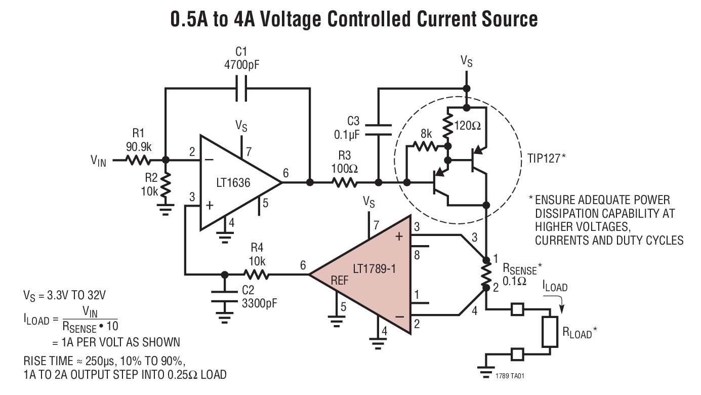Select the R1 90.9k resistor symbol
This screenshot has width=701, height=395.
tap(138, 160)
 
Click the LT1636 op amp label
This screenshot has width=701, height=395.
tap(234, 182)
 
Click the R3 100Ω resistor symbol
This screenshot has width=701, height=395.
tap(344, 182)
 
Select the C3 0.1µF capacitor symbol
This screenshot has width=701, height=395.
tap(378, 130)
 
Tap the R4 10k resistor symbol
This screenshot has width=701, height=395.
tap(256, 274)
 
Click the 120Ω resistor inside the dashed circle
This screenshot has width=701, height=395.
tap(448, 127)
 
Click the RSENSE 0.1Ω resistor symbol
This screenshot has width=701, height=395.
tap(486, 274)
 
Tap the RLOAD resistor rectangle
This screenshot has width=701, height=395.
tap(549, 333)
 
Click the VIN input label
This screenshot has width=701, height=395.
tap(98, 162)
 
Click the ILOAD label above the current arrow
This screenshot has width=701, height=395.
tap(555, 287)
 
